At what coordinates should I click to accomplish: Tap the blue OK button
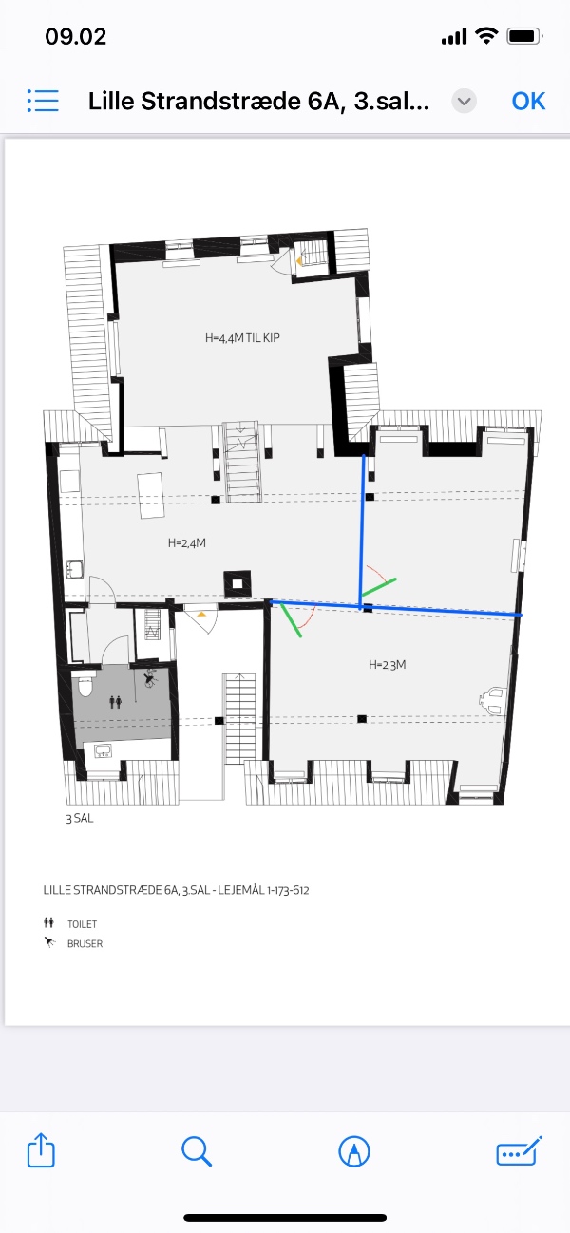coord(528,102)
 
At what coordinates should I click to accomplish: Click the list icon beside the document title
coord(43,102)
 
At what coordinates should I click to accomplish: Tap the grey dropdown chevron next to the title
coord(465,102)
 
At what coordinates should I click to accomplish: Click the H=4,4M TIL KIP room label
coord(242,338)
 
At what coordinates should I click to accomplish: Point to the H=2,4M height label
coord(187,543)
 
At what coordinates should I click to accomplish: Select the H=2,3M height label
coord(388,665)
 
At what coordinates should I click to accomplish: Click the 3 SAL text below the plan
coord(79,819)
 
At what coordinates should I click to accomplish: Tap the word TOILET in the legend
coord(82,924)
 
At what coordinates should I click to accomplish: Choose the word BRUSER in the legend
coord(85,943)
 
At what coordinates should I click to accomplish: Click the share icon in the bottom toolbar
coord(41,1150)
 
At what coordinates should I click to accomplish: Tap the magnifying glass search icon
coord(197,1151)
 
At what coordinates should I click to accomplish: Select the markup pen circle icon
coord(354,1151)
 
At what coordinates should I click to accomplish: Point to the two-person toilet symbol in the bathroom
coord(115,702)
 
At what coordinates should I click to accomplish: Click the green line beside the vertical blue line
coord(378,591)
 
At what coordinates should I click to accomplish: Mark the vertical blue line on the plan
coord(362,531)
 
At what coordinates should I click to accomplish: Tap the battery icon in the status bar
coord(524,36)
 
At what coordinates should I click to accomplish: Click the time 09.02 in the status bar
coord(75,37)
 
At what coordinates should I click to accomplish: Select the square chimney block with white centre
coord(237,583)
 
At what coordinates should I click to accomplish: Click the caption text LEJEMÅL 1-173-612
coord(263,890)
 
